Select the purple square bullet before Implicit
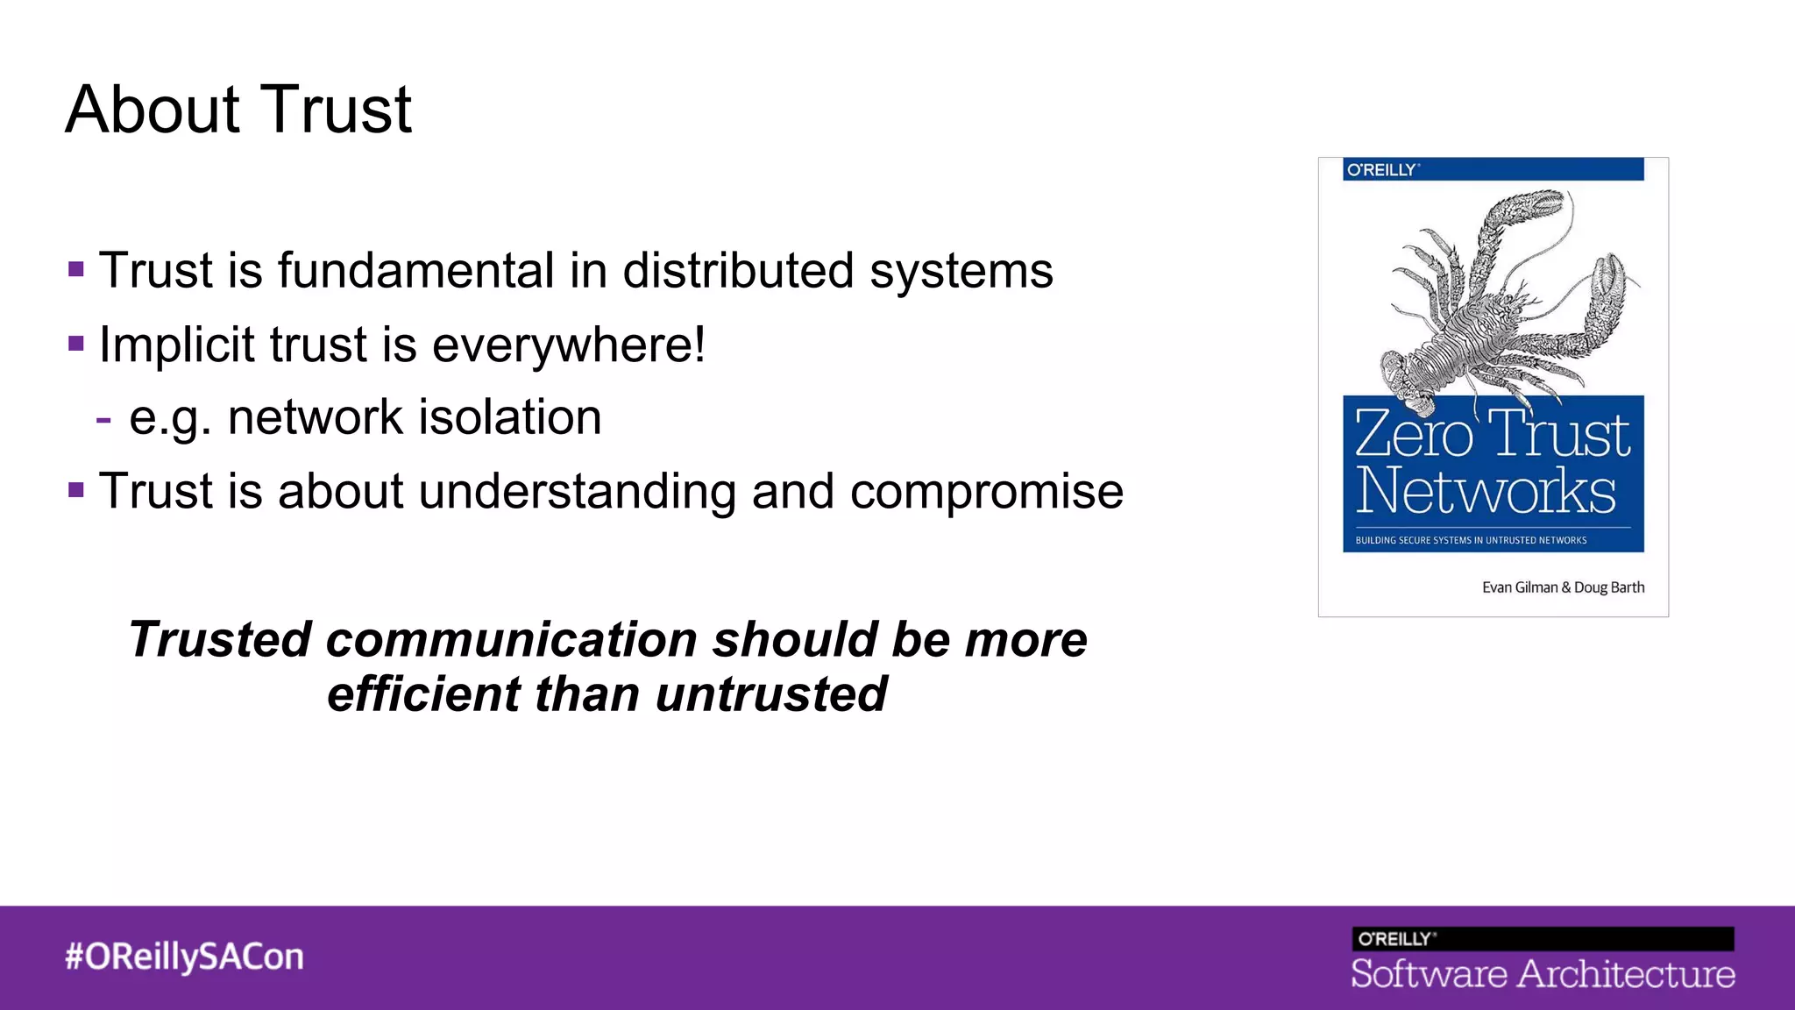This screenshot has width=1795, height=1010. [x=76, y=343]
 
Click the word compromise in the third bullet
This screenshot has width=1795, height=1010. [x=986, y=491]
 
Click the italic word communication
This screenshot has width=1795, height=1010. [x=513, y=639]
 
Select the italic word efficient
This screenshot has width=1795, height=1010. [x=423, y=694]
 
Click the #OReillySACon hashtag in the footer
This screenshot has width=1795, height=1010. [x=184, y=957]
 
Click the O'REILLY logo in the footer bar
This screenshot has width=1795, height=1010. [x=1395, y=939]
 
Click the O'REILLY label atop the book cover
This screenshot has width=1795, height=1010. [x=1381, y=170]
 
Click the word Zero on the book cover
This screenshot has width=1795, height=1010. [x=1413, y=434]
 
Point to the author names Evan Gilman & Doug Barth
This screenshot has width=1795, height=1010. [x=1563, y=587]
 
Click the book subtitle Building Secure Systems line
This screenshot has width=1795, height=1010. [x=1471, y=540]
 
